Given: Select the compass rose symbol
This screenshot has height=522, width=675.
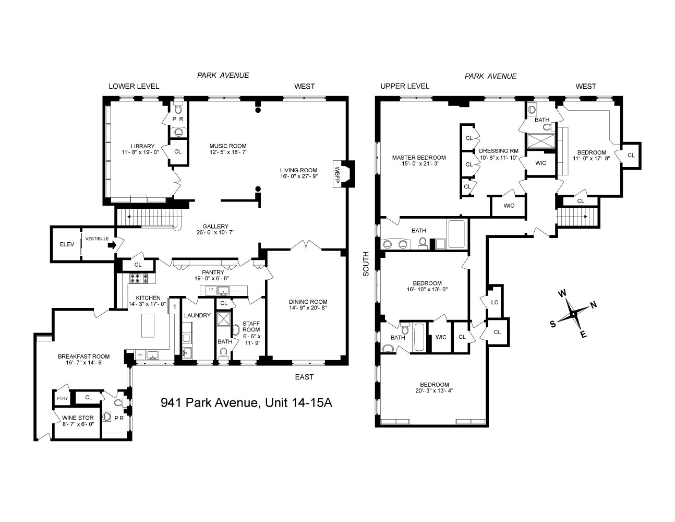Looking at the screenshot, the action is click(573, 314).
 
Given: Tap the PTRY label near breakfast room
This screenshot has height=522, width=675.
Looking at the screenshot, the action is click(62, 398).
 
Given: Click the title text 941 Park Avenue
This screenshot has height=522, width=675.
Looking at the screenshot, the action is click(246, 403).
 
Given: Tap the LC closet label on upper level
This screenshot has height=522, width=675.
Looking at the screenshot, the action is click(495, 302).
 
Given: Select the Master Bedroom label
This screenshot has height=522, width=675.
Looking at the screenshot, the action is click(419, 158).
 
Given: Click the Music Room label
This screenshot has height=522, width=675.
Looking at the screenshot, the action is click(227, 146).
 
